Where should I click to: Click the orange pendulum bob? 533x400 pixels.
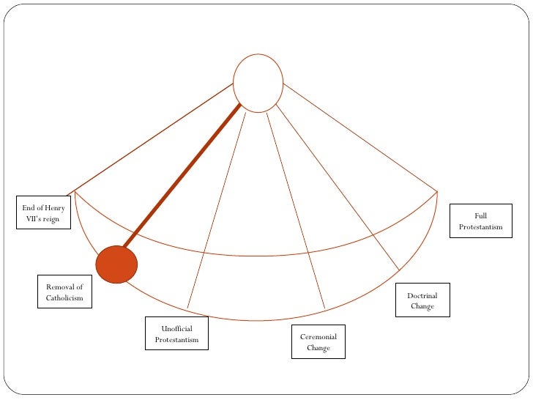point(116,264)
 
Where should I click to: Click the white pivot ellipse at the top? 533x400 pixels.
point(258,83)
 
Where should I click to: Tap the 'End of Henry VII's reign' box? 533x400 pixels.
point(44,212)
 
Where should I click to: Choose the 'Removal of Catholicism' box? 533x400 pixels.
point(64,292)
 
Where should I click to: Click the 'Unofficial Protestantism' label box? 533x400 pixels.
point(176,334)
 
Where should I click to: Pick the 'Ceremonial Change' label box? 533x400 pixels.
point(318,341)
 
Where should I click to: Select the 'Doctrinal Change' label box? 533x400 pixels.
point(422,300)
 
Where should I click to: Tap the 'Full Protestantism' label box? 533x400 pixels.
point(480,221)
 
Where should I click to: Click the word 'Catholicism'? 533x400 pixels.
point(64,298)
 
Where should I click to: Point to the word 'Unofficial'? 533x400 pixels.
point(176,329)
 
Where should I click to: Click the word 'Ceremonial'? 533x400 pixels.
point(318,336)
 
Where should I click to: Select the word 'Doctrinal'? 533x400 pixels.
point(422,295)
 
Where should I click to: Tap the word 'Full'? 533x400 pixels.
point(481,215)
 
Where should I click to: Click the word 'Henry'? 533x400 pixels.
point(54,208)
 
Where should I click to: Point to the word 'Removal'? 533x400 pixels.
point(64,286)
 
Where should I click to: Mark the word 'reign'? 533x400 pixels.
point(51,218)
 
